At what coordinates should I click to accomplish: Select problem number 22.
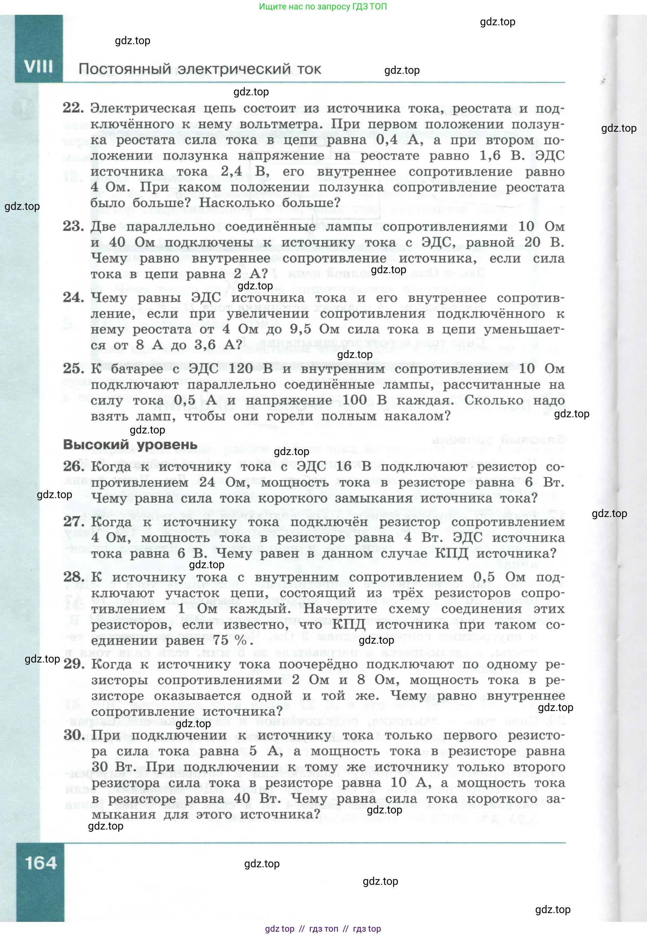tap(73, 108)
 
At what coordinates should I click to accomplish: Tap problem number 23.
tap(73, 226)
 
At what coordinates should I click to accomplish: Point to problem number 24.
tap(73, 297)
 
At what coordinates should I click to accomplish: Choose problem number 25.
tap(73, 368)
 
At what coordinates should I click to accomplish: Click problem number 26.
tap(74, 466)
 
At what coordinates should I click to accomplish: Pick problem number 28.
tap(74, 576)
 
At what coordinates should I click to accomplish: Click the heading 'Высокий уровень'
tap(130, 445)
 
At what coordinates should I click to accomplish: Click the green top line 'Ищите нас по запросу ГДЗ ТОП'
tap(323, 6)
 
